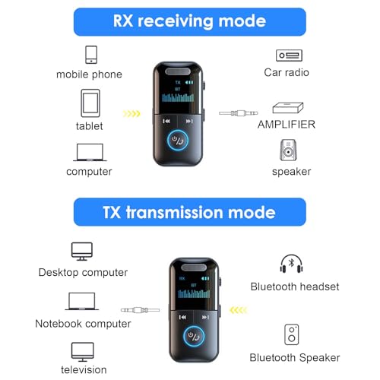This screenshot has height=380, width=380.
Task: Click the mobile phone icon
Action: coord(91,55)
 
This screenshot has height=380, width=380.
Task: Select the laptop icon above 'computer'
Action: coord(90,152)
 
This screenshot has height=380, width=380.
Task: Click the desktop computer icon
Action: coord(81,251)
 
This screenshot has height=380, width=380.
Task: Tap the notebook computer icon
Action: coord(81,302)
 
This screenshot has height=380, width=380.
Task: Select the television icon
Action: coord(82,350)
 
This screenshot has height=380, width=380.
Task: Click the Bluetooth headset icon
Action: coord(292,264)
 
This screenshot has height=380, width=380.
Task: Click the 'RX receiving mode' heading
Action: coord(189,21)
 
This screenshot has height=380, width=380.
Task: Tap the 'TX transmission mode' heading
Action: coord(189,212)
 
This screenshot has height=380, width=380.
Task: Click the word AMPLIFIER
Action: coord(287,125)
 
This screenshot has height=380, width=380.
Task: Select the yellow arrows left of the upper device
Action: coord(132,115)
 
